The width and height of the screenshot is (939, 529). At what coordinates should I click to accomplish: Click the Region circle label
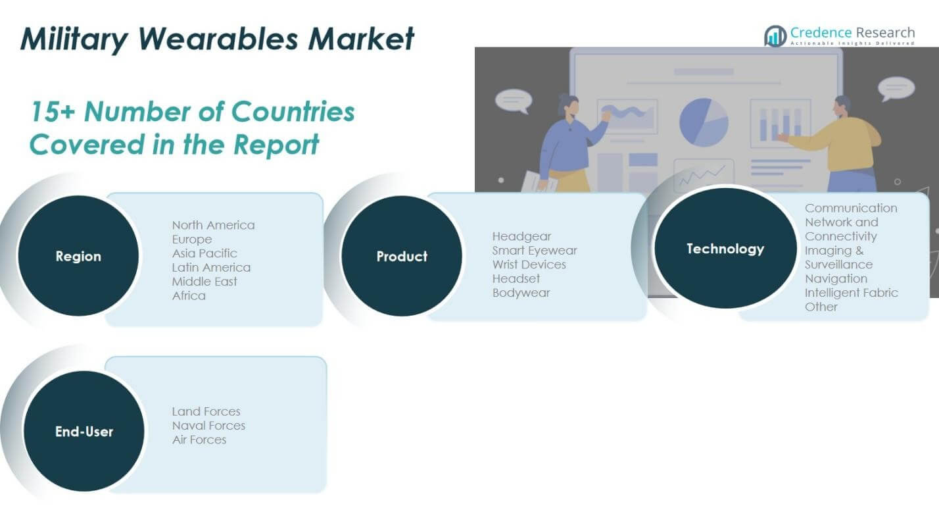tap(78, 257)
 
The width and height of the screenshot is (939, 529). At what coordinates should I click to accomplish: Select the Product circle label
tap(402, 257)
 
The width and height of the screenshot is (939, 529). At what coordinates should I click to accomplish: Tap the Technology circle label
tap(725, 249)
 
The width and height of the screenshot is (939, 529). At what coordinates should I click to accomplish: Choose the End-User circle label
tap(84, 432)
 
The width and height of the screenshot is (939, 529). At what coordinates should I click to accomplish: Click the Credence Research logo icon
tap(775, 36)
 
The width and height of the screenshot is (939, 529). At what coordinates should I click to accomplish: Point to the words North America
tap(213, 225)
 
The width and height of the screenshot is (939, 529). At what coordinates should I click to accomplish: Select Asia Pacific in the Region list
tap(205, 253)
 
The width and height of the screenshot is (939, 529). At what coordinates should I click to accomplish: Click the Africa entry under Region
tap(189, 295)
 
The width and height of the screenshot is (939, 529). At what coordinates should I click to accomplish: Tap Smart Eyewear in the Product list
tap(534, 250)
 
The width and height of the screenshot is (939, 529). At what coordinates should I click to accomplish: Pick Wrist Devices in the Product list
tap(529, 264)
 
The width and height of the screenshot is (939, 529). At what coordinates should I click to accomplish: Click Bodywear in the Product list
tap(521, 293)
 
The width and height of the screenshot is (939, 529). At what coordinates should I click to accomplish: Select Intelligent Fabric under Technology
tap(851, 293)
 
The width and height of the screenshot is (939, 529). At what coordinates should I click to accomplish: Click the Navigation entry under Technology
tap(836, 278)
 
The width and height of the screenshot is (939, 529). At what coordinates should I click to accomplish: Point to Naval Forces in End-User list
tap(208, 426)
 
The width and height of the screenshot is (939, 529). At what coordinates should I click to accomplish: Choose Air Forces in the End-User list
tap(199, 440)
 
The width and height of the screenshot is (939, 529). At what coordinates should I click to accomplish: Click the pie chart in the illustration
tap(703, 122)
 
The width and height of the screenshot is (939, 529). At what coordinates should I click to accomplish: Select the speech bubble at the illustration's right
tap(896, 88)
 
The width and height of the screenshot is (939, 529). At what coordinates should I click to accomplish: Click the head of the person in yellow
tap(842, 105)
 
